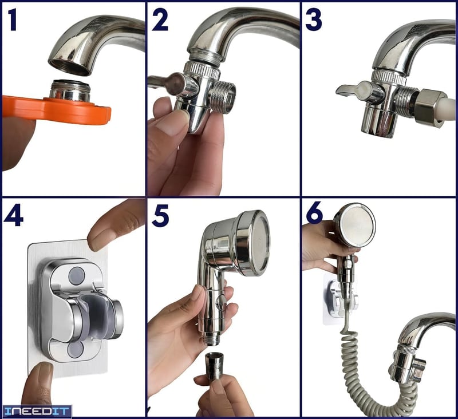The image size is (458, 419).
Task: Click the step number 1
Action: click(12, 20)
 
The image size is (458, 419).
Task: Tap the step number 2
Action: click(160, 20)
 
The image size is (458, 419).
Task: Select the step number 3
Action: click(313, 20)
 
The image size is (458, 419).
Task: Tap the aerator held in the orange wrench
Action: click(70, 91)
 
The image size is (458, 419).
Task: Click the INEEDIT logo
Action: click(37, 412)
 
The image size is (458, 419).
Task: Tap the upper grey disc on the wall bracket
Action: click(77, 275)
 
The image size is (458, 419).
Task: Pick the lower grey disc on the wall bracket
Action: click(75, 350)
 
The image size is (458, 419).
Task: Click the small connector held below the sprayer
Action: click(214, 366)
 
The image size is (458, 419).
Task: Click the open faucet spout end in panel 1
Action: click(70, 67)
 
